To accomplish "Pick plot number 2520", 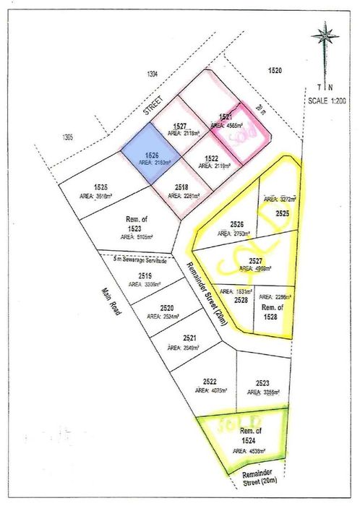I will tap(168, 307).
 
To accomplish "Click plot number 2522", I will tap(210, 381).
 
